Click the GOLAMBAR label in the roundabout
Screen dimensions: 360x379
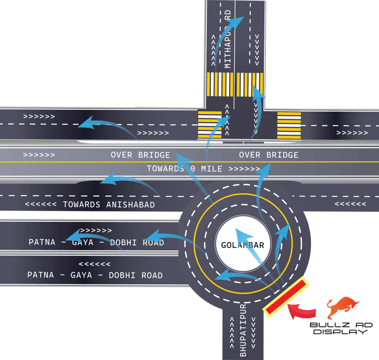[242, 245]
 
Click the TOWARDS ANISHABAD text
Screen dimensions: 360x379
[90, 204]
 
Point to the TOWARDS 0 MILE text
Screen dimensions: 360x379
[202, 169]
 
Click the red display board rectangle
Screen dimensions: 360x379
[286, 298]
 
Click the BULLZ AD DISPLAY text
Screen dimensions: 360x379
[341, 328]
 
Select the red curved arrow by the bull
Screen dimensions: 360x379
[302, 311]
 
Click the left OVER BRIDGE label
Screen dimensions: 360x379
[140, 155]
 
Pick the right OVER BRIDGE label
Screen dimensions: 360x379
[268, 155]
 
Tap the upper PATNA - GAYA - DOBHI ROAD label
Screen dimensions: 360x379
[96, 242]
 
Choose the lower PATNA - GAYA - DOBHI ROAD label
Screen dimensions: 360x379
[95, 275]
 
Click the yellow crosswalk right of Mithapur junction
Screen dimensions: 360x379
[289, 124]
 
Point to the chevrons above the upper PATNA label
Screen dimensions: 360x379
[96, 231]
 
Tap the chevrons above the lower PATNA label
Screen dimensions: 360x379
[95, 264]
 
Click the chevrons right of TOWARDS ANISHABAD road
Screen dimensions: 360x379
[350, 204]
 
